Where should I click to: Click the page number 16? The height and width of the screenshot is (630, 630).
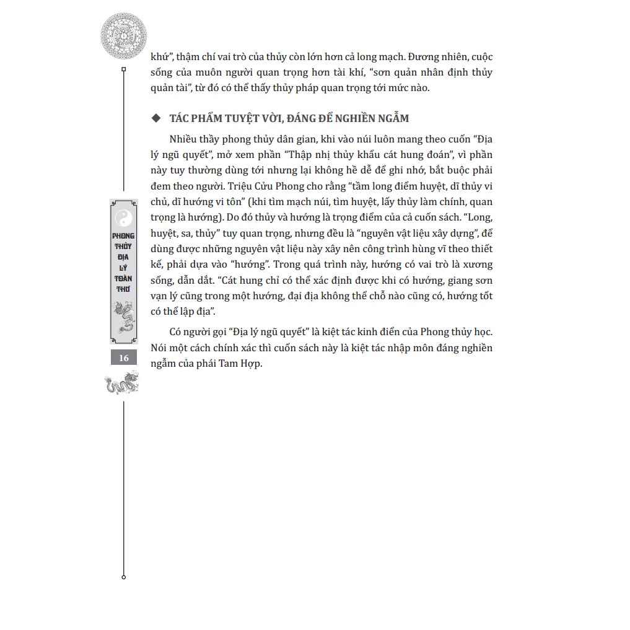pos(124,358)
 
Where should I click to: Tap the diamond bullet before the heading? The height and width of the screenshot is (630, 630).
pos(155,118)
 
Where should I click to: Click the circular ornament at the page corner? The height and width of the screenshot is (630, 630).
pos(124,35)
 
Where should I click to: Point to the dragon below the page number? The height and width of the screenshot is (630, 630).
pos(123,383)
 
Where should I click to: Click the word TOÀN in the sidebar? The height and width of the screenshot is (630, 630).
pos(124,279)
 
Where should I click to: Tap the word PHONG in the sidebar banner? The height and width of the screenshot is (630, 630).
pos(124,237)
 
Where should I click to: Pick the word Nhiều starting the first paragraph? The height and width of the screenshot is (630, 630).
pos(184,139)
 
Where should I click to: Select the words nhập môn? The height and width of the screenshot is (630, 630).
pos(374,348)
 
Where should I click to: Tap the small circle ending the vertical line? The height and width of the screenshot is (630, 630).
pos(124,577)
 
